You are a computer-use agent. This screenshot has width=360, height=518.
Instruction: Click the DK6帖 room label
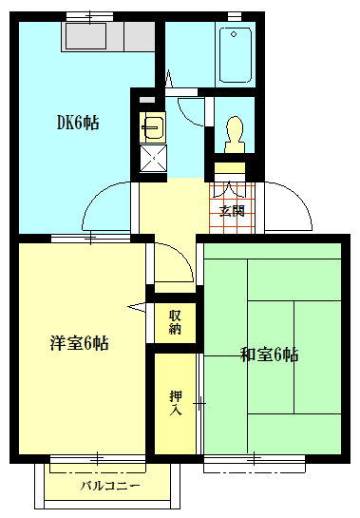point(78,123)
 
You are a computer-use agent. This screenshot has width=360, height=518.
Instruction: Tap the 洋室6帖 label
point(80,343)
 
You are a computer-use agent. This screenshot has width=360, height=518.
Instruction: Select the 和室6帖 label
point(270,355)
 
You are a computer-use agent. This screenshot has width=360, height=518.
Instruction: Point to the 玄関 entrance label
point(231,211)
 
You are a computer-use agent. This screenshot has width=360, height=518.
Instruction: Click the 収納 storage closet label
point(175,322)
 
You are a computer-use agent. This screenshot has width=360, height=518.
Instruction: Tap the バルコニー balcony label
point(109,486)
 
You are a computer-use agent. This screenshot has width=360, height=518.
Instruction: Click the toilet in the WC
point(233,133)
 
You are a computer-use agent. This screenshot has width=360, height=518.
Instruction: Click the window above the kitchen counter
point(91,16)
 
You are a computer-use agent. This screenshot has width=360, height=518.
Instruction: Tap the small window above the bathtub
point(235,16)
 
